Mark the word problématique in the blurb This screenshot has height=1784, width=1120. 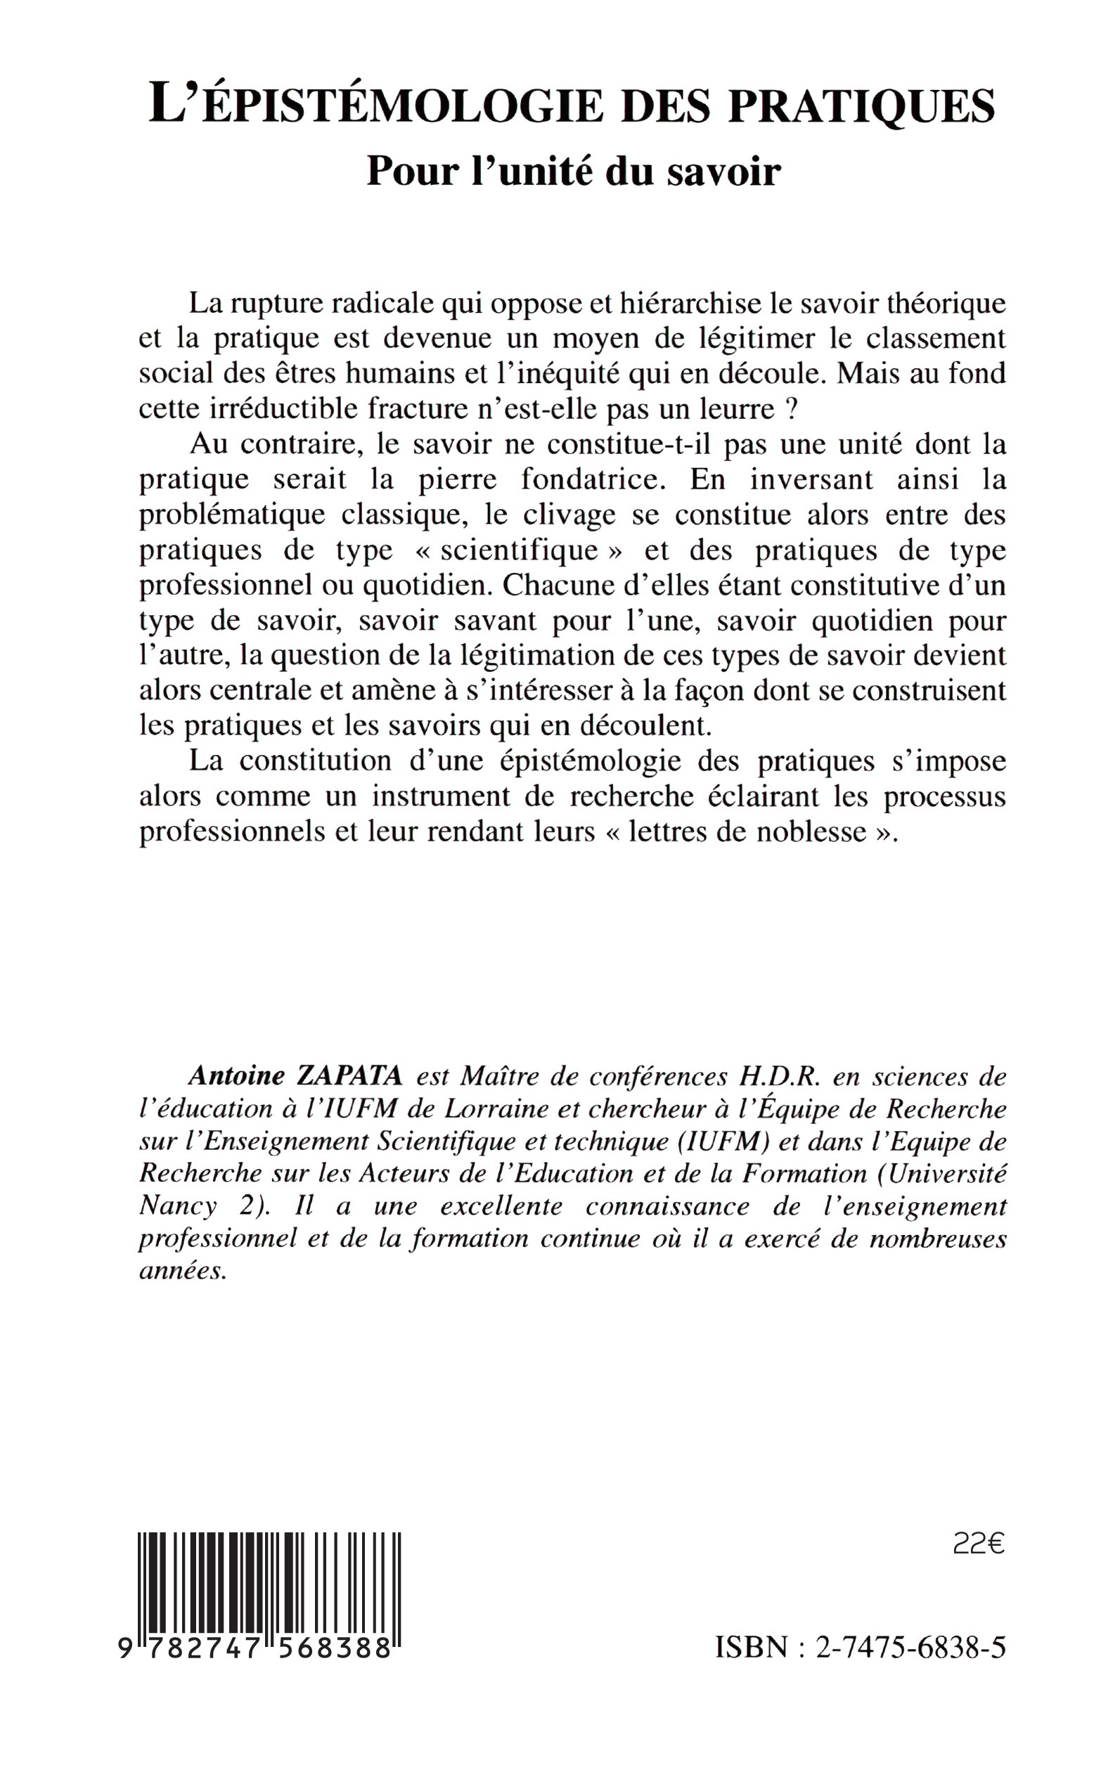(x=232, y=515)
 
